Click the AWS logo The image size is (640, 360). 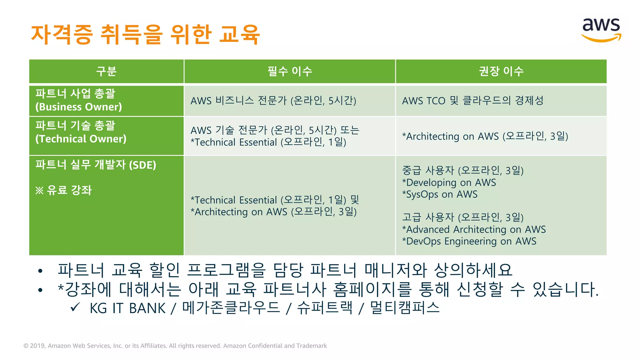coord(601,30)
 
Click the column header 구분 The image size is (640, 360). coord(106,71)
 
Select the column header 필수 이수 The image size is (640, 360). coord(290,71)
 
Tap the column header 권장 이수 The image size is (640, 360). coord(501,71)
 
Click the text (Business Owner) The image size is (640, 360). coord(78,107)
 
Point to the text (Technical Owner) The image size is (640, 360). coord(81,139)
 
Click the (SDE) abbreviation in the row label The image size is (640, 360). coord(142,165)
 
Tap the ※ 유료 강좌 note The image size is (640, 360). coord(63,190)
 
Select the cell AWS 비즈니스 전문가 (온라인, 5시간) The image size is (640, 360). coord(273,101)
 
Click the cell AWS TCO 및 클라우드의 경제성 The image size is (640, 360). coord(472,101)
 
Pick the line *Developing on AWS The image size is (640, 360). coord(449,182)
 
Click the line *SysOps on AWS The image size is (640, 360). coord(440,194)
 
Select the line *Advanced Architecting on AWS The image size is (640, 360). coord(474,229)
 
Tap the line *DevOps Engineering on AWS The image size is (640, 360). coord(469,241)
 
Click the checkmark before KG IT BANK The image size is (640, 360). coord(75,307)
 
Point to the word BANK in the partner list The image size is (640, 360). coord(147,308)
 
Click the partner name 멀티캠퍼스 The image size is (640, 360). coord(405,308)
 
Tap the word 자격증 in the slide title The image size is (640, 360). coord(62,34)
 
